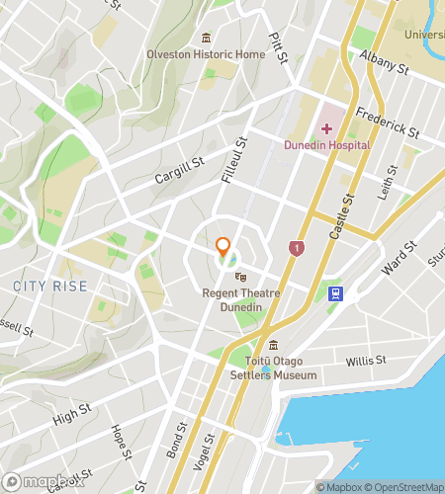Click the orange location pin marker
click(x=223, y=248)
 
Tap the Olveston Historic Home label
click(x=206, y=54)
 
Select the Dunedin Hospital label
click(x=326, y=145)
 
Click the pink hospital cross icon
click(x=326, y=129)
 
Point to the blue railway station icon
click(x=337, y=293)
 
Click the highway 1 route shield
click(x=296, y=248)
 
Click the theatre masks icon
click(x=239, y=278)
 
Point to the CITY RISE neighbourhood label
click(x=50, y=287)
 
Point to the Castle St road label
click(x=347, y=218)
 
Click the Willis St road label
click(x=366, y=362)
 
